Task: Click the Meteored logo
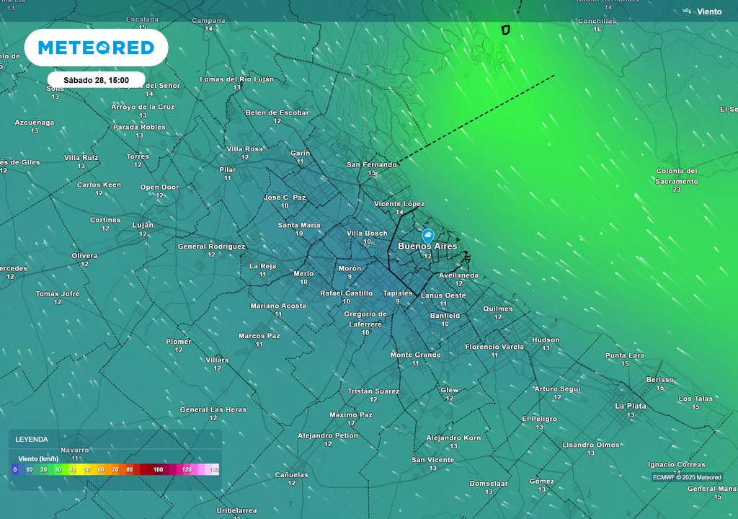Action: tap(96, 48)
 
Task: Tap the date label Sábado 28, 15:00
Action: tap(96, 80)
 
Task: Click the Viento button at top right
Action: tap(703, 12)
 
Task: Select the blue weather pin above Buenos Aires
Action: tap(427, 236)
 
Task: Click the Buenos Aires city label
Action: tap(427, 247)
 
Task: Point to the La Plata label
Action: tap(630, 406)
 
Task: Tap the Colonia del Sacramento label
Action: tap(676, 177)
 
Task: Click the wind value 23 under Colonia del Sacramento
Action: tap(676, 190)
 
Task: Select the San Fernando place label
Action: tap(372, 164)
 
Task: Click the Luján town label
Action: tap(143, 225)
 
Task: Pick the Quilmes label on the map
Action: tap(498, 309)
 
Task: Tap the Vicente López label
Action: tap(399, 204)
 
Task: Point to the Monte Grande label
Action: tap(415, 355)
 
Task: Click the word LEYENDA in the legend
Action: tap(31, 439)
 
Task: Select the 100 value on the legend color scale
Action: tap(158, 470)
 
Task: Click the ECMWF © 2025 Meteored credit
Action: tap(687, 477)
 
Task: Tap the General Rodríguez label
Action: tap(211, 247)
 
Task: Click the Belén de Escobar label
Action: tap(277, 112)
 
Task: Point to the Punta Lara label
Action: tap(624, 355)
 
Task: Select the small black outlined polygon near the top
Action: tap(505, 30)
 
